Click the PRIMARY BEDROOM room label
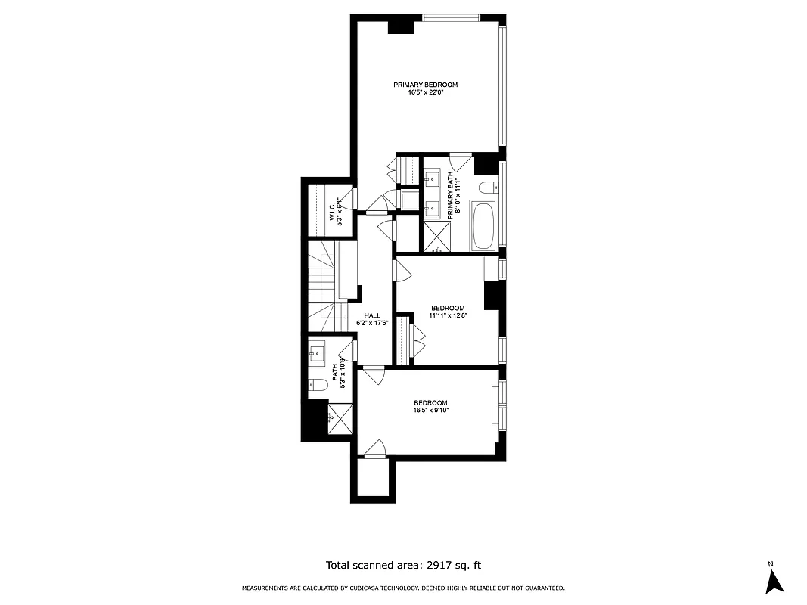click(425, 85)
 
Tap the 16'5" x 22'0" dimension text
click(425, 93)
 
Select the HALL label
click(372, 316)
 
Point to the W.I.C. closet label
click(332, 212)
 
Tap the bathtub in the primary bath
click(483, 225)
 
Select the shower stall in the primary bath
click(435, 236)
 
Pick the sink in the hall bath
click(317, 351)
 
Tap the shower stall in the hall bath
click(340, 417)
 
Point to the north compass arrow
click(774, 581)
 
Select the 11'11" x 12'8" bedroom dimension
click(448, 316)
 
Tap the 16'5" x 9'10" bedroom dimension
click(430, 411)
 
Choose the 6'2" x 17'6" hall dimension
click(372, 324)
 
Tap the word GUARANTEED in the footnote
click(539, 588)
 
